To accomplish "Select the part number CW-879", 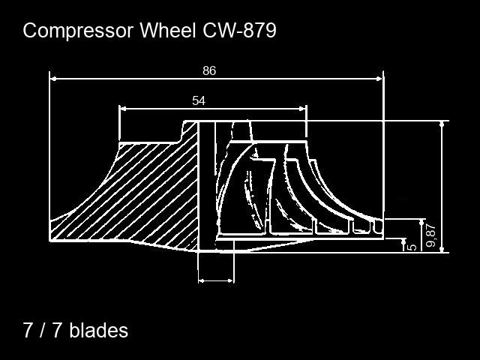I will (238, 31).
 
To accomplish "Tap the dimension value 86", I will (209, 70).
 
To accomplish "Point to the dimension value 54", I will (199, 100).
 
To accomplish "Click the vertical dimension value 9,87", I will (430, 235).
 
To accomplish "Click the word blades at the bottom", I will (98, 330).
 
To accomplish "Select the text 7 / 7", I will (43, 330).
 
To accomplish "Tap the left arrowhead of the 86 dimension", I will (53, 77).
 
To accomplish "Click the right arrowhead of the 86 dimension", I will (379, 77).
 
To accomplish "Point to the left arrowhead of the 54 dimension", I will (123, 109).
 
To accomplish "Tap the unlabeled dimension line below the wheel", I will (216, 281).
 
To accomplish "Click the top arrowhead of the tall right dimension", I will (442, 124).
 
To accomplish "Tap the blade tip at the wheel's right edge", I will (379, 225).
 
